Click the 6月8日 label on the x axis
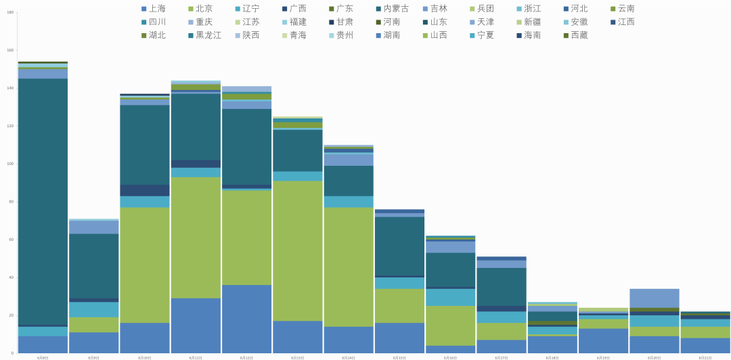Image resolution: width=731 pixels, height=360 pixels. tap(43, 357)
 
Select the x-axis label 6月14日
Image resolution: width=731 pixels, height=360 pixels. tap(349, 357)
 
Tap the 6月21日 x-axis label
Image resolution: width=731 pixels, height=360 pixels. tap(705, 357)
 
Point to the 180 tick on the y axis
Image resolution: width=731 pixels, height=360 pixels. tap(10, 12)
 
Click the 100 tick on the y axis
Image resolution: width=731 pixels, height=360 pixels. tap(10, 164)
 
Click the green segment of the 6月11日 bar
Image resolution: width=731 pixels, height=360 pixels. tap(196, 238)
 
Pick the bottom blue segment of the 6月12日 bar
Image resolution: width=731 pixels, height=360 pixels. tap(246, 319)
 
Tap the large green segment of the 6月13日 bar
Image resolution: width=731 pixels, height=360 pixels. tap(298, 250)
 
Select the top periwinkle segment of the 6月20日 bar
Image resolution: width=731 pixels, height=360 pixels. tap(655, 298)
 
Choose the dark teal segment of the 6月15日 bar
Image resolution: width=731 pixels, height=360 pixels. tap(399, 246)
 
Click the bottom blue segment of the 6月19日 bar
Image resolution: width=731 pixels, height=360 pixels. tap(604, 340)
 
